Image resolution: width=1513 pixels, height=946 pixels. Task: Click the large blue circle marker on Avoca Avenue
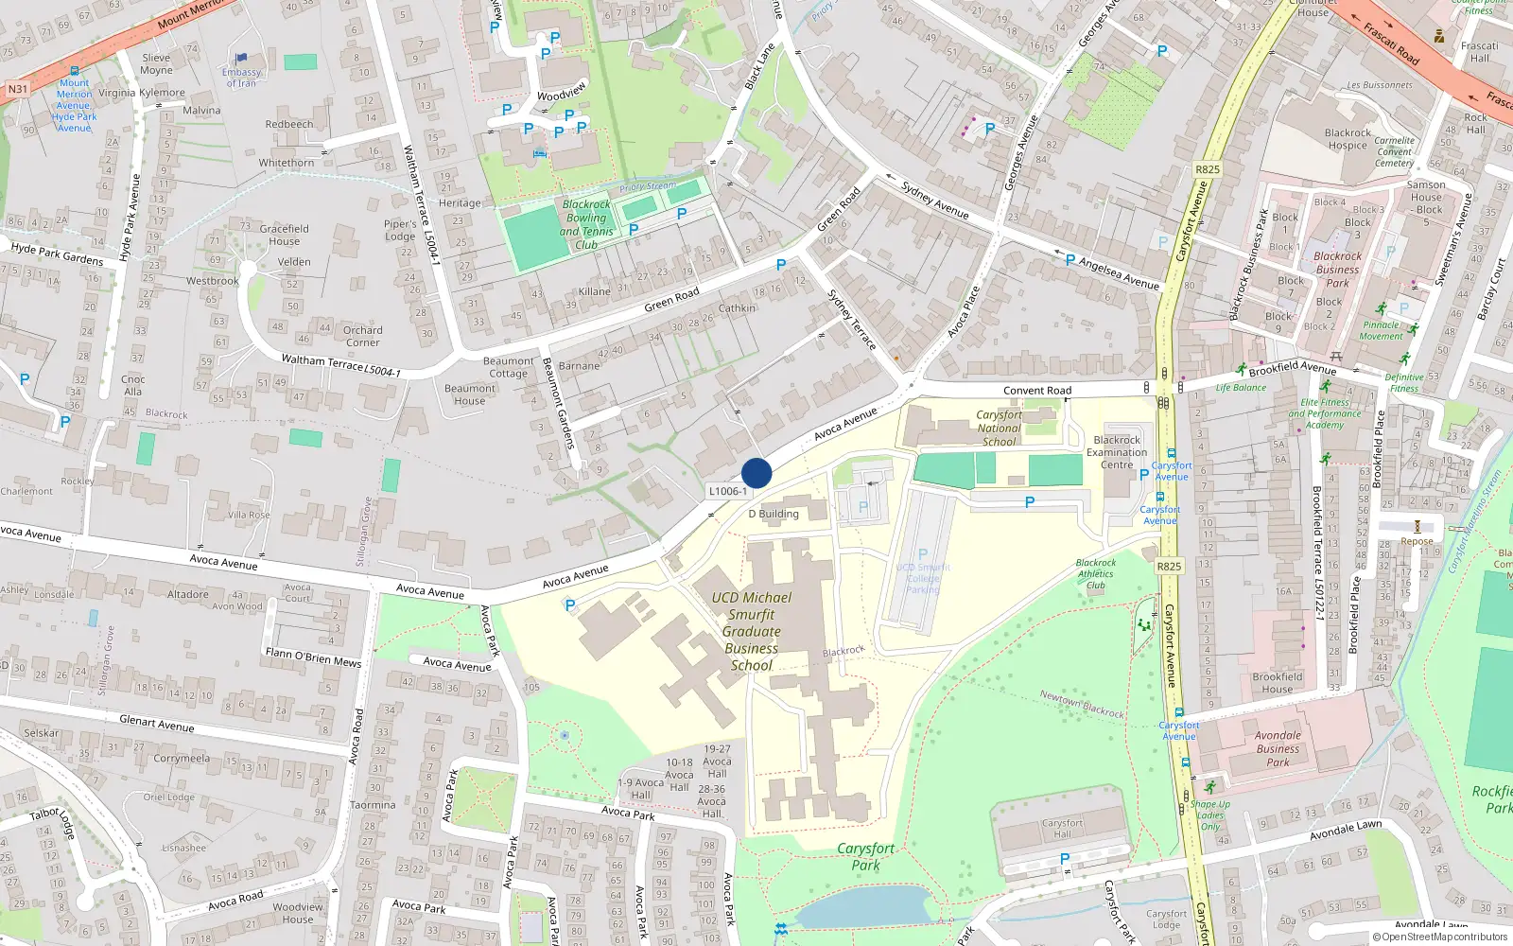756,473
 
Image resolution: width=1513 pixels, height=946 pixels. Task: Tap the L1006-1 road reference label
728,491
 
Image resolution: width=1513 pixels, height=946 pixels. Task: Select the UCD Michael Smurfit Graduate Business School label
752,631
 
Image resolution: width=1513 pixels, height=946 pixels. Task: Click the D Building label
774,514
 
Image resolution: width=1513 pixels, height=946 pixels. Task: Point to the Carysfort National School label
1000,428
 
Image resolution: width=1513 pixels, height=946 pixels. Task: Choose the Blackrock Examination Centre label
1117,452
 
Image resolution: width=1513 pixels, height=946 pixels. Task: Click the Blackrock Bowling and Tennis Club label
586,224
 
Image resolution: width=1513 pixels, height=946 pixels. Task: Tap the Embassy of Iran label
241,77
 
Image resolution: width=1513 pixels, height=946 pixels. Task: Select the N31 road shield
18,89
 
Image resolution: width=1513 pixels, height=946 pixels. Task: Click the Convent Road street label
1037,390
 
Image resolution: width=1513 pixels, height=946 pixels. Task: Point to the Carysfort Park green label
865,856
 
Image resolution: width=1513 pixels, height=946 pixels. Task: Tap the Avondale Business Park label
1278,748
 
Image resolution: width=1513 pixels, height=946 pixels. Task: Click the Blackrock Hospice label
1348,139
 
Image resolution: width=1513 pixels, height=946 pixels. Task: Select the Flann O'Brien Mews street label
313,657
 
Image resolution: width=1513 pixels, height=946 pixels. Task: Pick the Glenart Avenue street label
157,724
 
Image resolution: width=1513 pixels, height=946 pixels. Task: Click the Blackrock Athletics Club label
1096,573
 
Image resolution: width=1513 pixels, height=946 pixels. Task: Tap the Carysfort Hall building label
1063,829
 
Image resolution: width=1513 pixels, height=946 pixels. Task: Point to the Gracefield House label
285,235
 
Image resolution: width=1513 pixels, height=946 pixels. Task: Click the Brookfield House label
1278,682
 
